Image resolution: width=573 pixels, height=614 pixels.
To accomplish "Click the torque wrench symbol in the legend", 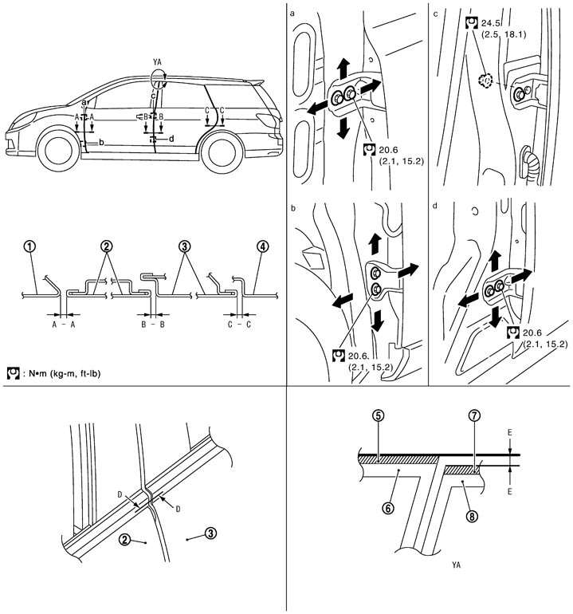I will pyautogui.click(x=13, y=372).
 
